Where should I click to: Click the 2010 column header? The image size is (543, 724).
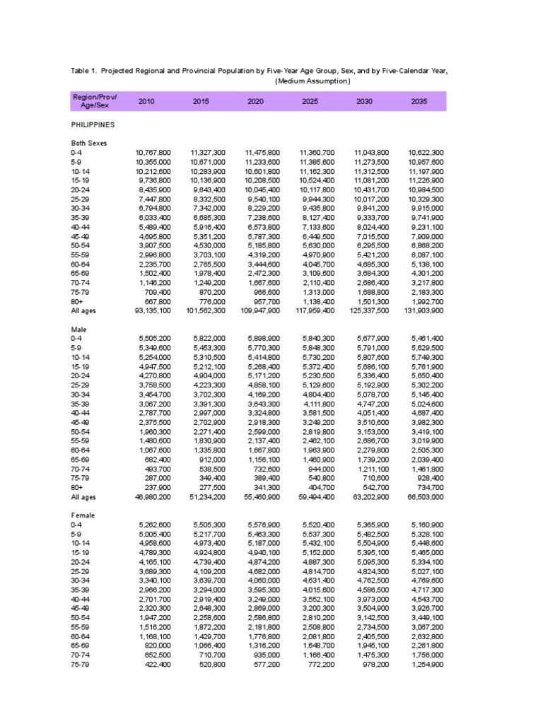point(146,102)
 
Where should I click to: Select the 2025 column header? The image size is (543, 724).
point(310,102)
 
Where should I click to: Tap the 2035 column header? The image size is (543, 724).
point(419,102)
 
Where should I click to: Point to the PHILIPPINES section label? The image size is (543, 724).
point(93,124)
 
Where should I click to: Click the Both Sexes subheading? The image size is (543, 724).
point(87,143)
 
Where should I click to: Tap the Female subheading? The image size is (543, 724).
point(82,515)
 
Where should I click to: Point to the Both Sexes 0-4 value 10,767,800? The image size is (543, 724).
point(152,152)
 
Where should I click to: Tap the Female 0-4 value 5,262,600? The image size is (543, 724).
point(155,525)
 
